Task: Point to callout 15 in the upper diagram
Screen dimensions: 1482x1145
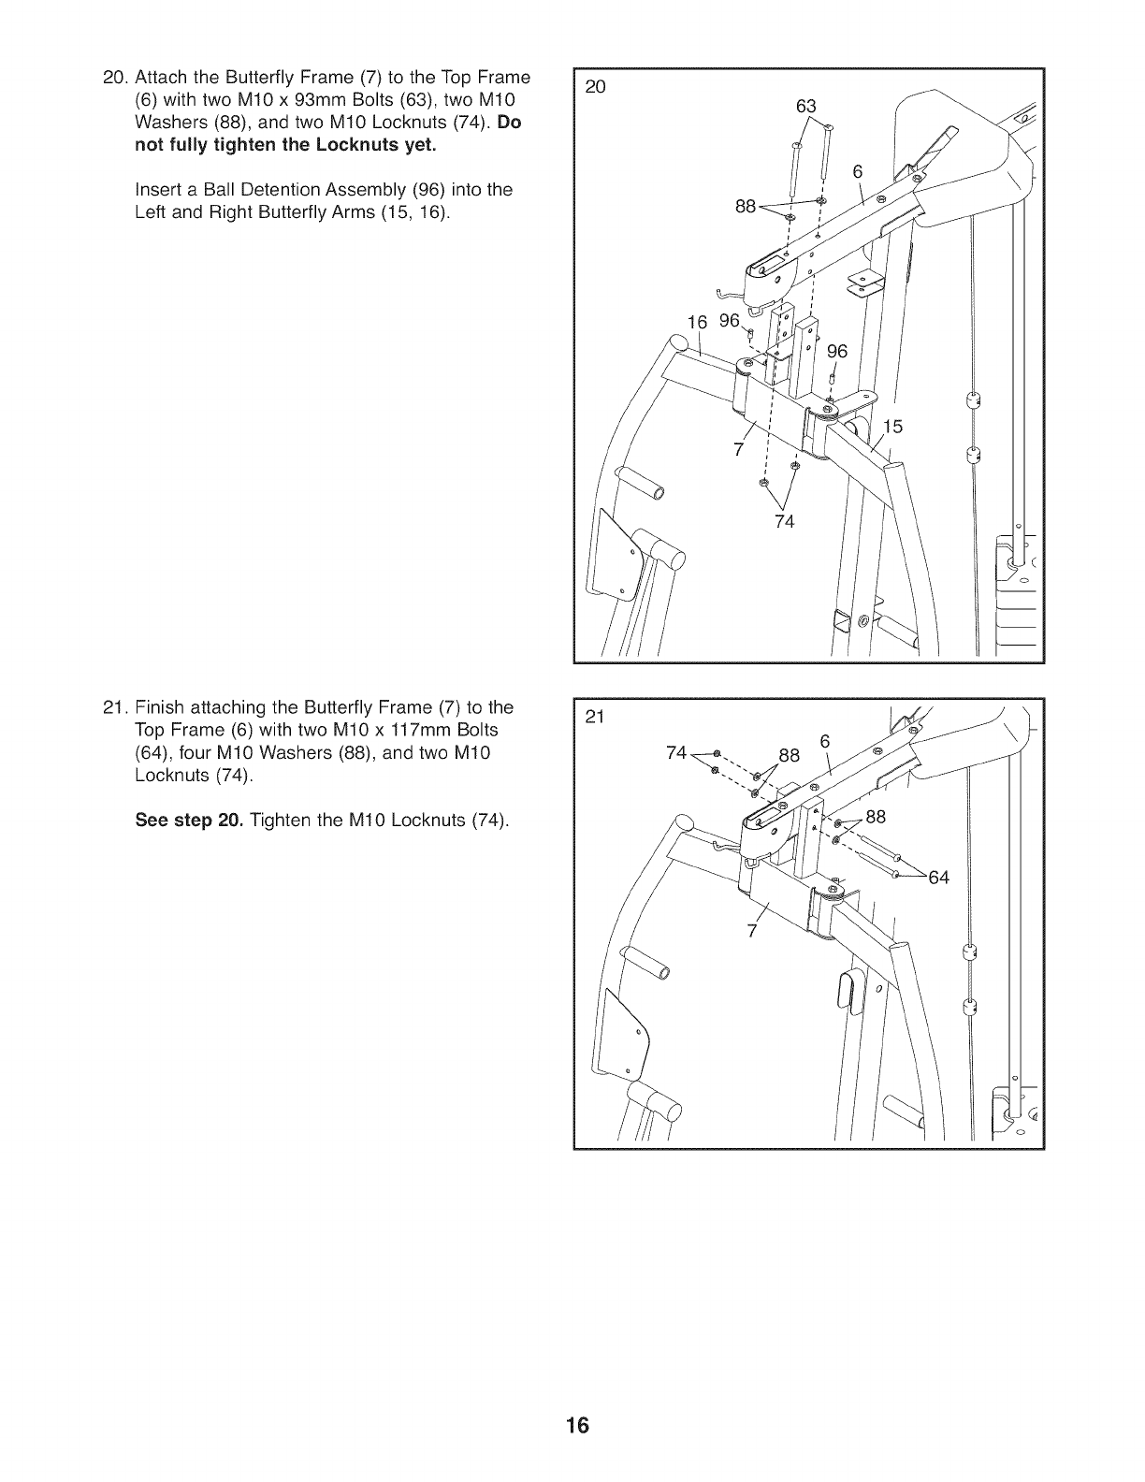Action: [892, 427]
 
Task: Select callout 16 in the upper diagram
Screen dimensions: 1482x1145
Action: [698, 322]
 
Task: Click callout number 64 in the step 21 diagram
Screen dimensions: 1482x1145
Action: [938, 877]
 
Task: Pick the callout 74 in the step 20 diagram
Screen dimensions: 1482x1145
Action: [784, 521]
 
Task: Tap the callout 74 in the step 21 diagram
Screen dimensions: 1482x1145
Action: [676, 753]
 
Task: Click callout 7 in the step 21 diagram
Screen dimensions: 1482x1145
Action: [750, 931]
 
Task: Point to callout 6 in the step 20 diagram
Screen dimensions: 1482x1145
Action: [857, 170]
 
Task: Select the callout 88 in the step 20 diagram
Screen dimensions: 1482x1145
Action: [746, 207]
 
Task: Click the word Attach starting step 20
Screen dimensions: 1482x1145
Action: [160, 77]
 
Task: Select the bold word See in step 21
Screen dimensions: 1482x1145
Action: [153, 821]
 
